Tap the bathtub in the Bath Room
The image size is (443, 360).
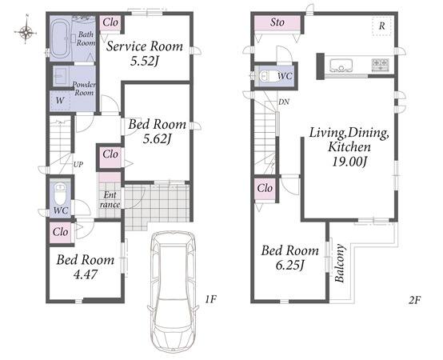[x=60, y=38]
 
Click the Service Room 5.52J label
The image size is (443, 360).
[x=145, y=53]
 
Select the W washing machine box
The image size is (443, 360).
[x=60, y=100]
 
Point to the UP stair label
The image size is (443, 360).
[x=78, y=165]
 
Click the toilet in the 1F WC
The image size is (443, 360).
[x=60, y=194]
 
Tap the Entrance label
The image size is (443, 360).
[x=110, y=199]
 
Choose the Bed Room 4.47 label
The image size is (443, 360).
[x=86, y=266]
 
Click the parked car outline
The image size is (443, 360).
[x=173, y=292]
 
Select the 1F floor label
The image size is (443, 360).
[x=210, y=299]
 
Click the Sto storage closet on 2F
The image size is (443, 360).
[x=277, y=23]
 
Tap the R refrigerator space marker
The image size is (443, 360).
[x=381, y=26]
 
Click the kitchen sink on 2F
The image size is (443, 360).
[x=341, y=66]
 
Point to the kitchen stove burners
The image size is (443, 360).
[x=380, y=65]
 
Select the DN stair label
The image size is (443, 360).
[x=284, y=102]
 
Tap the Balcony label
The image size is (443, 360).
[x=340, y=263]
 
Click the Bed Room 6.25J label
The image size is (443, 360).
[x=290, y=258]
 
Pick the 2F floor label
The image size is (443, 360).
[x=414, y=299]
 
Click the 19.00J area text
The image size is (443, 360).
[x=349, y=162]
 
